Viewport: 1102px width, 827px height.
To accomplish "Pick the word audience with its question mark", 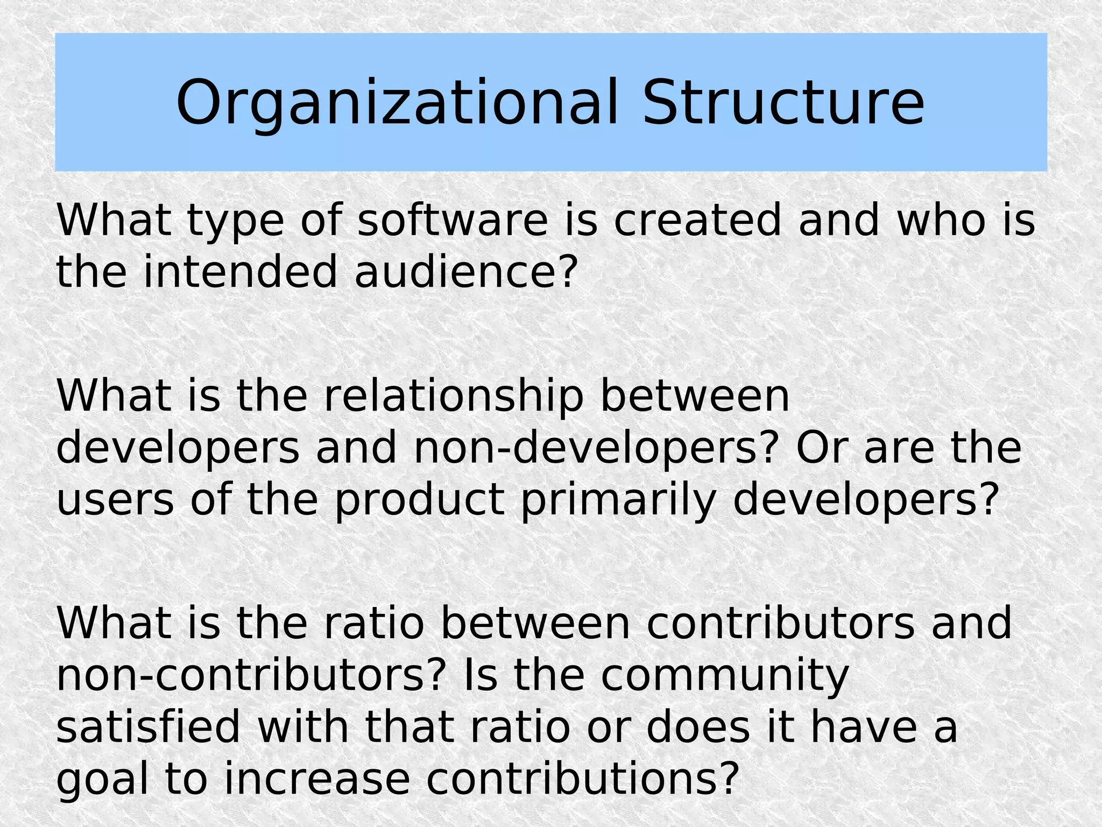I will (x=466, y=272).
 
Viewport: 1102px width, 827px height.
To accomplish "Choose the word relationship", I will (x=454, y=397).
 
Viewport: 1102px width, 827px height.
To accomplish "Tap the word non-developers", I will (x=596, y=448).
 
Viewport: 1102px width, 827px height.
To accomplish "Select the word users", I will (x=115, y=500).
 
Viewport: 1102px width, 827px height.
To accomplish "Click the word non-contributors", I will (x=251, y=675).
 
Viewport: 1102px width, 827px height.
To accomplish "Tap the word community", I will (x=724, y=676).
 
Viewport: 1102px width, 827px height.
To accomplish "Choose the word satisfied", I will (x=148, y=727).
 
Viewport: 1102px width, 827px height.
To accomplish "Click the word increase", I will (x=317, y=779).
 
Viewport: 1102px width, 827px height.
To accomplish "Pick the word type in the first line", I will (x=235, y=221).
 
